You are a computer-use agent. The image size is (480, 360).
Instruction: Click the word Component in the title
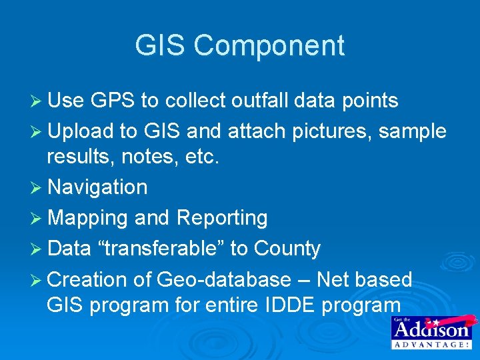coord(269,47)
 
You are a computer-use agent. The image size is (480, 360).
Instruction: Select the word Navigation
coord(97,187)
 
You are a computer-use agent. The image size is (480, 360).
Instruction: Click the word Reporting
coord(221,218)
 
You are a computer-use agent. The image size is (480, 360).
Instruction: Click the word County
coord(286,249)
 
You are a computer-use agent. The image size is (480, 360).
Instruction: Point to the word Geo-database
coord(224,279)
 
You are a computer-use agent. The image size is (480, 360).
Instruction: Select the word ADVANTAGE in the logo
coord(431,345)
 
